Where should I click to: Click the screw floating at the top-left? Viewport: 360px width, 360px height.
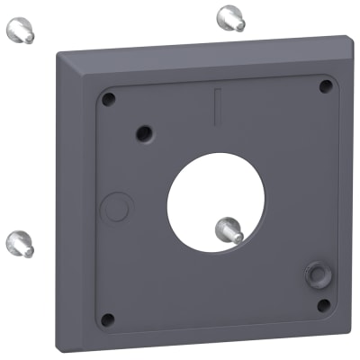[x=20, y=32]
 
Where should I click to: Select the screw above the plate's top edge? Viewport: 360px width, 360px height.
[x=229, y=17]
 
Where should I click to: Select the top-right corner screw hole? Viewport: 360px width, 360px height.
[x=326, y=86]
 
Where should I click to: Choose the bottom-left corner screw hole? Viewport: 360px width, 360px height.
[x=107, y=319]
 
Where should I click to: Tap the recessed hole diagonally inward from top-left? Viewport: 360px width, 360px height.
[x=143, y=133]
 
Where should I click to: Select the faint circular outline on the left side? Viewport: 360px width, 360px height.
[x=114, y=206]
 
